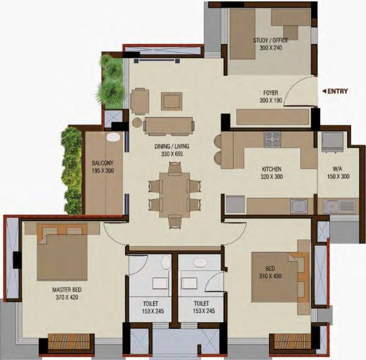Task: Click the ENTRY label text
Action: (x=338, y=92)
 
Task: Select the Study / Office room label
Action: (x=271, y=41)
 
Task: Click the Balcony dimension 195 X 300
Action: (x=103, y=171)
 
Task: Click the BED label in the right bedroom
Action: (x=270, y=268)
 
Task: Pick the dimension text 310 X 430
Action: (x=270, y=276)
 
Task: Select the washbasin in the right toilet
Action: (x=200, y=263)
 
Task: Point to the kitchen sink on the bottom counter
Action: (x=298, y=206)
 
